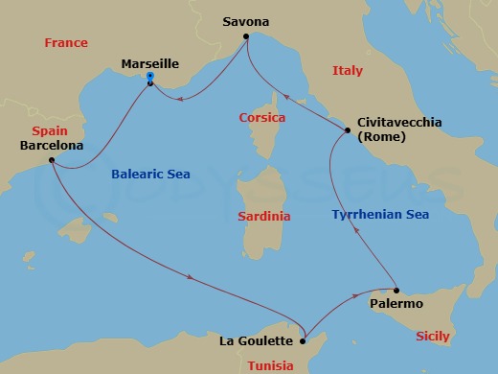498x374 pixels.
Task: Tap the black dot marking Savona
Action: tap(246, 37)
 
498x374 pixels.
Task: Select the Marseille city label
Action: tap(150, 64)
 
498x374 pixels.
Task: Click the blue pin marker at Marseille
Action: tap(150, 82)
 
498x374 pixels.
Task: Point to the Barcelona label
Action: tap(51, 146)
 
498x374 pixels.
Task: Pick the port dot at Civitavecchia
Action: tap(347, 130)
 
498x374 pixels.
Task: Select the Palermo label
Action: tap(396, 304)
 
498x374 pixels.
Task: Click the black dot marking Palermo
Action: tap(395, 290)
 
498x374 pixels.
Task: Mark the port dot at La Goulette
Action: tap(303, 339)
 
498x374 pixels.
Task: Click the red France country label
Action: tap(66, 43)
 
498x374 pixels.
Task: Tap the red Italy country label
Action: tap(348, 71)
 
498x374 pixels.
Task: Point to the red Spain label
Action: tap(49, 130)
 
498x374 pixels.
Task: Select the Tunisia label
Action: tap(271, 365)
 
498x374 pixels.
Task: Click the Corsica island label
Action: tap(262, 118)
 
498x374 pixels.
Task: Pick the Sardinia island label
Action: tap(263, 217)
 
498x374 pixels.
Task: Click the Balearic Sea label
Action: tap(150, 175)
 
